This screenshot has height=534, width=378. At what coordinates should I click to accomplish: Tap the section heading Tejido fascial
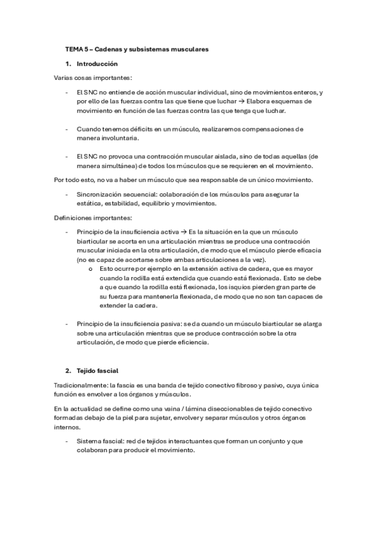97,370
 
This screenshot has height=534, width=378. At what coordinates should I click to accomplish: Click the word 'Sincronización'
97,194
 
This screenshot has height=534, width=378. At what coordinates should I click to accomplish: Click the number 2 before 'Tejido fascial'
68,370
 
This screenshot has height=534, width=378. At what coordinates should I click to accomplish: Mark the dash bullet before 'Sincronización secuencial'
67,194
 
